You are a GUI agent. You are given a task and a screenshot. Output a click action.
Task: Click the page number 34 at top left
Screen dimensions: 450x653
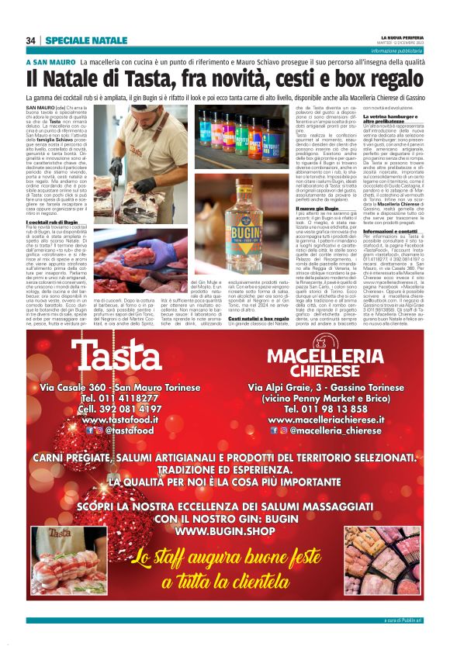click(31, 40)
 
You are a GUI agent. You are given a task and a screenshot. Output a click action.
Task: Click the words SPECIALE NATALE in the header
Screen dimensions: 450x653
click(86, 40)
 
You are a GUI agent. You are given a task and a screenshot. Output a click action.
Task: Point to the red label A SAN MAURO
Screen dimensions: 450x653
click(50, 61)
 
